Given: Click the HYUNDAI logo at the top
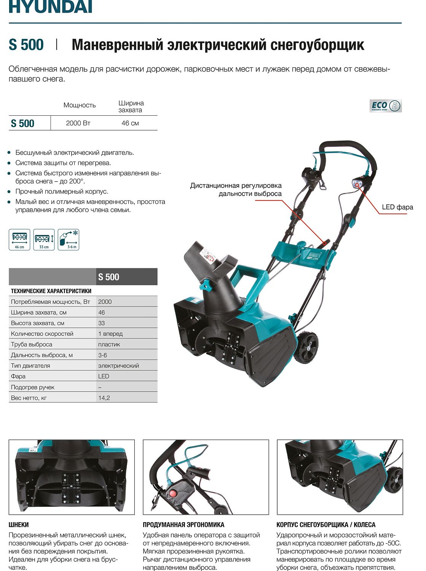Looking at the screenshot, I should (50, 7).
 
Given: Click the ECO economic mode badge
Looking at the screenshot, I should (385, 106).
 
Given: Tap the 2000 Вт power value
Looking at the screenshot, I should (78, 123).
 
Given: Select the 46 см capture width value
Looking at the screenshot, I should (130, 123).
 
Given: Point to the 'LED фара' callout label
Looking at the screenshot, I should (397, 207).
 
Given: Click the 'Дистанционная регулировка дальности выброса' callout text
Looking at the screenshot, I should (236, 190).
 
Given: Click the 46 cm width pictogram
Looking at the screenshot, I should (19, 239).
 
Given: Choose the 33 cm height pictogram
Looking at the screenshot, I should (44, 239).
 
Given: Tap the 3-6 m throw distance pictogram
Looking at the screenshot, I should (69, 239).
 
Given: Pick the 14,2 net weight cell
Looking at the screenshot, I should (104, 398).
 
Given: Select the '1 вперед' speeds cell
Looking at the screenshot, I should (110, 334).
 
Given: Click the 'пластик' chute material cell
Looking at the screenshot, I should (109, 345).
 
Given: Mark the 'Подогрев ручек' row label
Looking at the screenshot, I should (33, 387).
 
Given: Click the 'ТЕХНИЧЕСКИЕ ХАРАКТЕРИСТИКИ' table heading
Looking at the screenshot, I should (51, 291).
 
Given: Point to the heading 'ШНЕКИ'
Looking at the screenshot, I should (19, 525).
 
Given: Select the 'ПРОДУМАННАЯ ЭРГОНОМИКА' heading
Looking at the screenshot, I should (183, 525).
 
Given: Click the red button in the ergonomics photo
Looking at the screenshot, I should (173, 494).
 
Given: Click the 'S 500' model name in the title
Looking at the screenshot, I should (26, 45).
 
